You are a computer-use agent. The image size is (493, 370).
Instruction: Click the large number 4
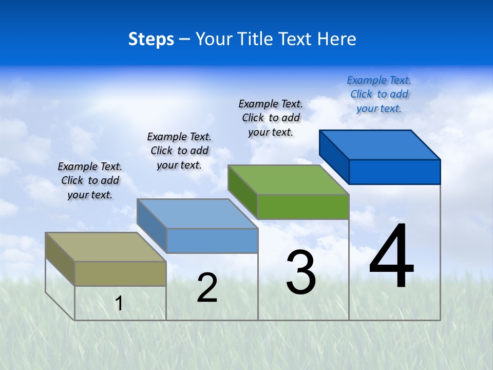[391, 256]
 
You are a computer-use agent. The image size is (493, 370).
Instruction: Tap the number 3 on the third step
[301, 272]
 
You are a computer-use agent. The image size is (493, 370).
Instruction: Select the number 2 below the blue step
[207, 288]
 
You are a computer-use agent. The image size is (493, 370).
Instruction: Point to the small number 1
[119, 304]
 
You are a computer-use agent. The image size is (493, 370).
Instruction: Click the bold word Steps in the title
[151, 39]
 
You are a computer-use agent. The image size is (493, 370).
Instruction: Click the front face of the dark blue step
[394, 172]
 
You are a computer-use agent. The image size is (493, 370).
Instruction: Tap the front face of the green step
[303, 207]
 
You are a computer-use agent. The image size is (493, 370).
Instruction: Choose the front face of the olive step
[120, 273]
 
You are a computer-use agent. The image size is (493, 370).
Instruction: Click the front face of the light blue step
[212, 240]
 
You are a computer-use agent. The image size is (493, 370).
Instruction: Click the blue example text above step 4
[379, 94]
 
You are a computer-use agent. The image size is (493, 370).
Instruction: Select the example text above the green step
[271, 118]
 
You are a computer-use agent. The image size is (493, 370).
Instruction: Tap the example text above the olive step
[90, 180]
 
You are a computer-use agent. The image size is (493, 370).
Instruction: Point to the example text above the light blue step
[179, 151]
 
